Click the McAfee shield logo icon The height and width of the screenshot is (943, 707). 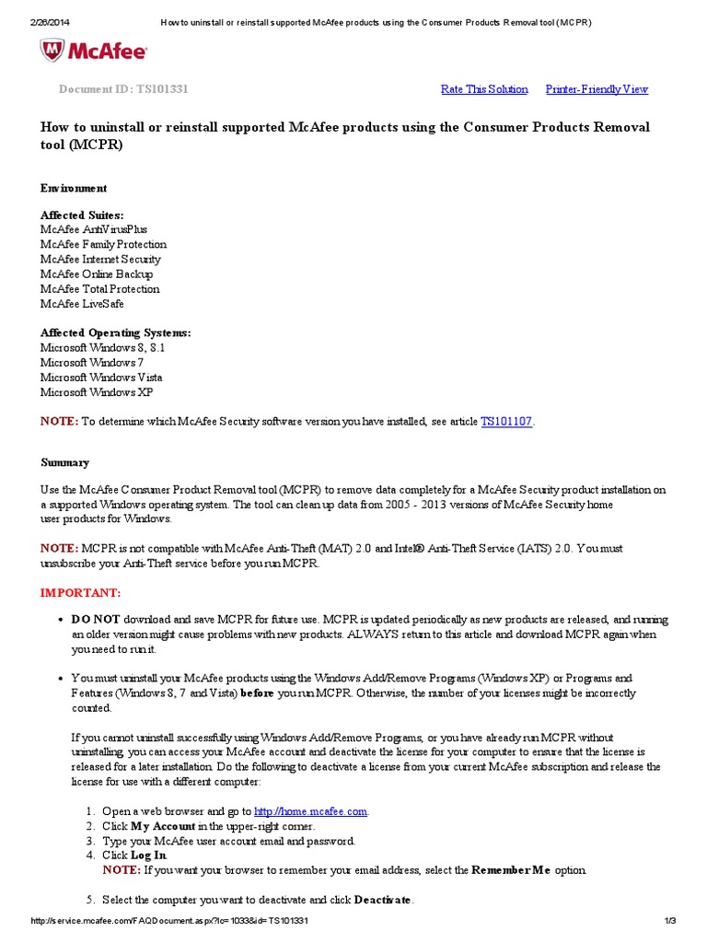(52, 50)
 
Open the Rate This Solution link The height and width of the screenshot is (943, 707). (484, 89)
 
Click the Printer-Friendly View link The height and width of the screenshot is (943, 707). (597, 89)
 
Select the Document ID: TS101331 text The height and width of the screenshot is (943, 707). (124, 89)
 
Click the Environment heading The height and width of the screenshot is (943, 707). (74, 188)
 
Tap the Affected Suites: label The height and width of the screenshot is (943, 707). (82, 215)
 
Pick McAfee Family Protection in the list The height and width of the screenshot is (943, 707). (103, 244)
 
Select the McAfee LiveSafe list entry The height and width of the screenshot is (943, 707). (82, 303)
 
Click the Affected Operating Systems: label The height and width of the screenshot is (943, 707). (116, 332)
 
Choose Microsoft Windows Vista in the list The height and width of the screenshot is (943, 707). (101, 378)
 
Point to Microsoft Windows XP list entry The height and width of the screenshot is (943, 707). (97, 392)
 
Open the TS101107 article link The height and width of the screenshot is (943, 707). (506, 422)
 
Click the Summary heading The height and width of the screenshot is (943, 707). (64, 462)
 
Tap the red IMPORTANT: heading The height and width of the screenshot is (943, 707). (80, 592)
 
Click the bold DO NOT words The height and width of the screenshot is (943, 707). (96, 620)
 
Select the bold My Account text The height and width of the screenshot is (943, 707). (164, 826)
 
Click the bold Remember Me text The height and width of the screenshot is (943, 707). (510, 870)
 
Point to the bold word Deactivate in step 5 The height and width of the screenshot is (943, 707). (383, 900)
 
